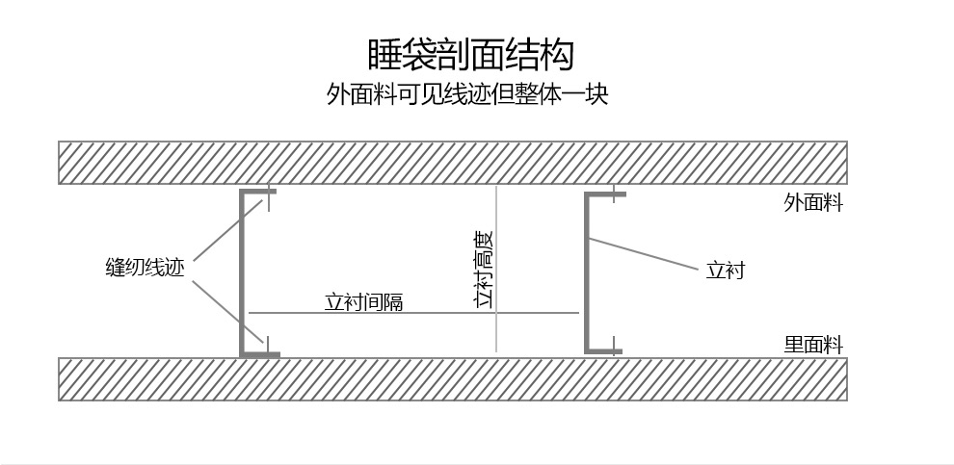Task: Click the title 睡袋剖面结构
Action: pyautogui.click(x=471, y=54)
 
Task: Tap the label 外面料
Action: pyautogui.click(x=813, y=203)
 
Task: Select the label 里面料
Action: pyautogui.click(x=813, y=345)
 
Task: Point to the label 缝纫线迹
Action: pyautogui.click(x=144, y=268)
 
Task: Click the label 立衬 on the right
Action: pyautogui.click(x=725, y=271)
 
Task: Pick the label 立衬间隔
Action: pyautogui.click(x=363, y=302)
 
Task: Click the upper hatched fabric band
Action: pyautogui.click(x=453, y=163)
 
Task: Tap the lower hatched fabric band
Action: pyautogui.click(x=453, y=379)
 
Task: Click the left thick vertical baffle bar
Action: pyautogui.click(x=243, y=274)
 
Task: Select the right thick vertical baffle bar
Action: pyautogui.click(x=587, y=272)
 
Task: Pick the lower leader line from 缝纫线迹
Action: pyautogui.click(x=226, y=311)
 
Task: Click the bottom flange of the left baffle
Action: pyautogui.click(x=260, y=354)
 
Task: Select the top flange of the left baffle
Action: pyautogui.click(x=259, y=193)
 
